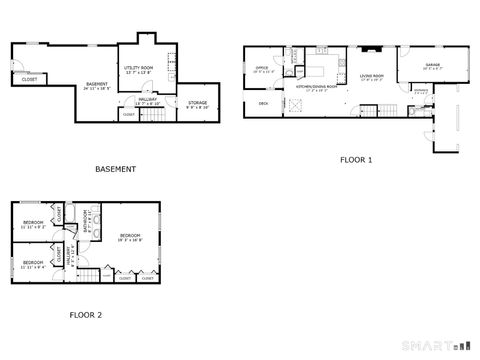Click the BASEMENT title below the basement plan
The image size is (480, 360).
pyautogui.click(x=115, y=169)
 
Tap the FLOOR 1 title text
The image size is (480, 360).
pyautogui.click(x=355, y=160)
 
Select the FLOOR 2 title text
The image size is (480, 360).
pyautogui.click(x=85, y=315)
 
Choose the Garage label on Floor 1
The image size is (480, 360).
pyautogui.click(x=432, y=65)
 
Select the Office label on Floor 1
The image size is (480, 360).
pyautogui.click(x=262, y=68)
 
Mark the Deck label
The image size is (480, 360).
pyautogui.click(x=264, y=103)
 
